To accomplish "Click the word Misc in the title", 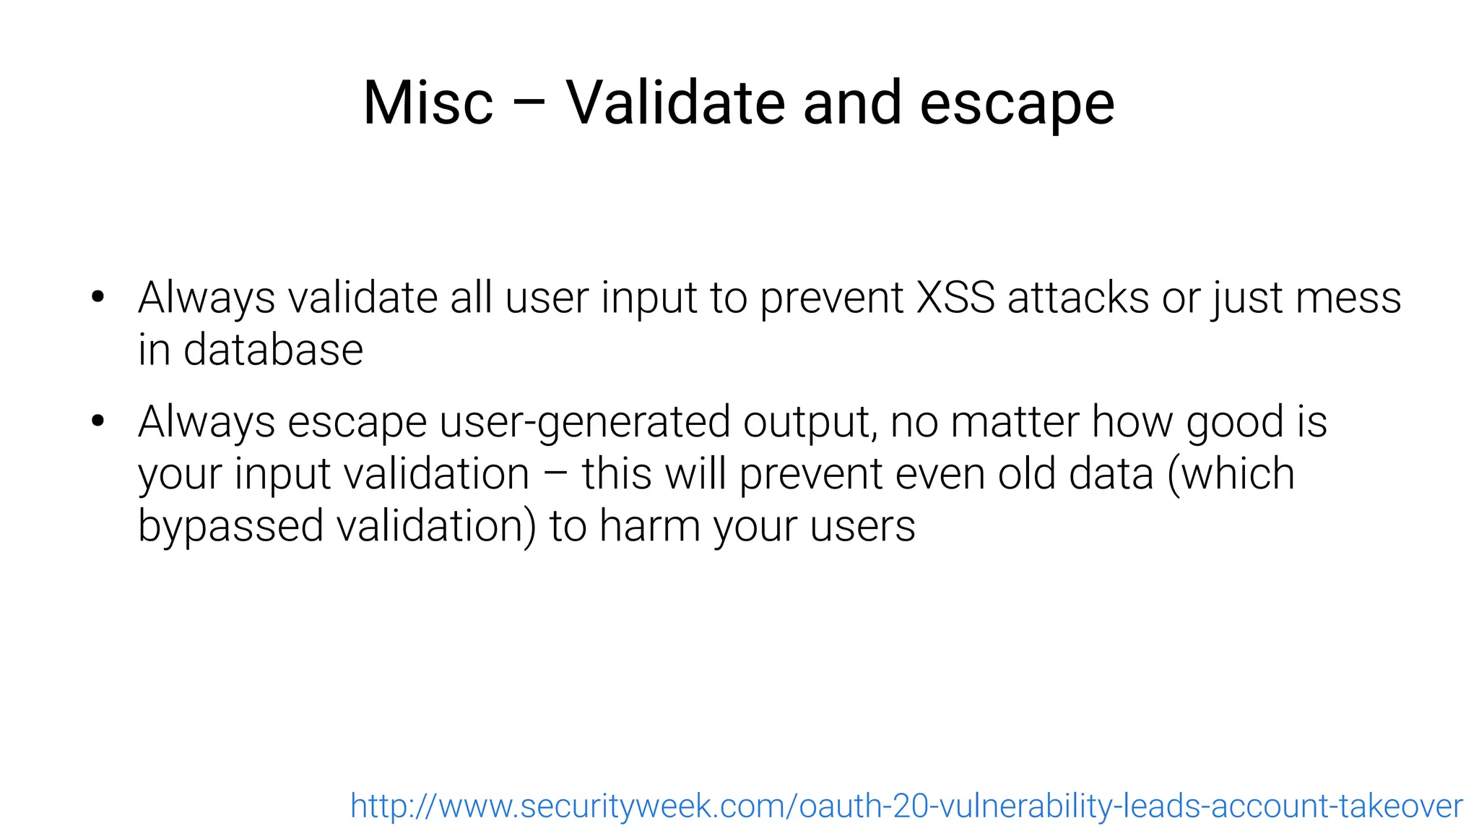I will click(x=428, y=103).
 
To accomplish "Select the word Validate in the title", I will click(x=675, y=103).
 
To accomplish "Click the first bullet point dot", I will click(x=98, y=297).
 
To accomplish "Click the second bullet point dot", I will click(x=98, y=421).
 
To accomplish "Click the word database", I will click(x=273, y=350).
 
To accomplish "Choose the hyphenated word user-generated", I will click(x=585, y=422).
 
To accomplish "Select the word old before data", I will click(x=1026, y=474).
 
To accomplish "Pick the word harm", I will click(x=649, y=526).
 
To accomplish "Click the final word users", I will click(x=862, y=526).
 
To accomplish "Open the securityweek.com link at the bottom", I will click(x=906, y=806).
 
